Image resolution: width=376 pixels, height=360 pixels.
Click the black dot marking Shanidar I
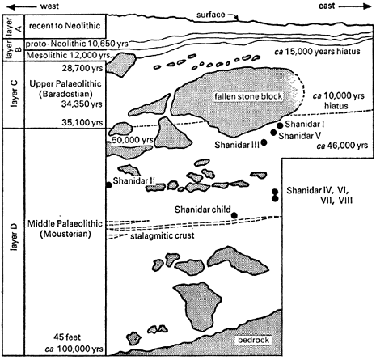click(x=280, y=125)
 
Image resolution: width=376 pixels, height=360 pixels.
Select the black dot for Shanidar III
click(x=264, y=142)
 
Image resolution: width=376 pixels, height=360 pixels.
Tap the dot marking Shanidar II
click(x=108, y=185)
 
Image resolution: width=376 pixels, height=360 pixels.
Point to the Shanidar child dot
click(x=234, y=215)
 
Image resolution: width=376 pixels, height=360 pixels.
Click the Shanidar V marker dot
click(x=273, y=132)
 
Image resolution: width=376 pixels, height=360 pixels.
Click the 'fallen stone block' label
click(x=248, y=96)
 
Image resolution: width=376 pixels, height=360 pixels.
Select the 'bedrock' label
click(x=253, y=340)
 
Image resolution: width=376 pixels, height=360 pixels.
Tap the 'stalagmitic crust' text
click(x=163, y=235)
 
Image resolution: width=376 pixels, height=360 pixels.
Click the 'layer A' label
click(x=14, y=27)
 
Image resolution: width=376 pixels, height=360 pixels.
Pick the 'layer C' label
click(x=14, y=93)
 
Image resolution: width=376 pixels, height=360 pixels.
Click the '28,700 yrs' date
click(x=82, y=68)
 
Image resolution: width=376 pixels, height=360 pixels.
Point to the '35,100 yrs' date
click(x=82, y=122)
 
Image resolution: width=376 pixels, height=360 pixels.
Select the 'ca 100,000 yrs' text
click(x=74, y=349)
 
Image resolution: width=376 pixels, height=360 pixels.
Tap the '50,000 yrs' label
click(x=133, y=140)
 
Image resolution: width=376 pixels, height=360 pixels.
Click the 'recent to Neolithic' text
click(x=65, y=26)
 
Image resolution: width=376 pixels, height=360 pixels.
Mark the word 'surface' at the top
click(x=210, y=15)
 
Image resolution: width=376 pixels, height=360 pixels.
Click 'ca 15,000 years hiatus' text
click(x=317, y=51)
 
